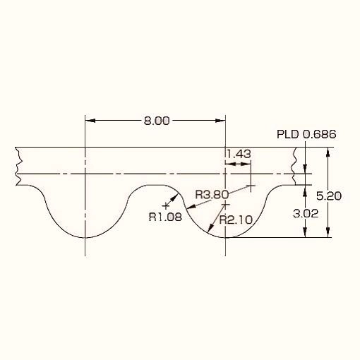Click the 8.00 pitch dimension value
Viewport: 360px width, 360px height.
[157, 121]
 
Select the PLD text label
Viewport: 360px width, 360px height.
[287, 134]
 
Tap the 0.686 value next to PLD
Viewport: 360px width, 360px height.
[319, 134]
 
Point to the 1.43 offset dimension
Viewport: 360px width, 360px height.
[239, 154]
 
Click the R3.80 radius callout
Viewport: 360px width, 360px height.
[212, 195]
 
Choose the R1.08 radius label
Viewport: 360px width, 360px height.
[165, 217]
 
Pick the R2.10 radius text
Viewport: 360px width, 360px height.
[236, 220]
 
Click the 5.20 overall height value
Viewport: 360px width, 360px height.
[328, 196]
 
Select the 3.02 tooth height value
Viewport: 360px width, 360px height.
[306, 214]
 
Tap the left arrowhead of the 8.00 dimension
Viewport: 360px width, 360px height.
[90, 121]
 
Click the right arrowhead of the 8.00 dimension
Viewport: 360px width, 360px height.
[221, 121]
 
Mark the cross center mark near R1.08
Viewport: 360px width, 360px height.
[166, 206]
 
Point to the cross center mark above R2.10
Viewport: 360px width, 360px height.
[226, 205]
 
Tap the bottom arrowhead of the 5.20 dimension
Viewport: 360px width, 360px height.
[328, 232]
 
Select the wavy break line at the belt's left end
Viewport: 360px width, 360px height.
[18, 167]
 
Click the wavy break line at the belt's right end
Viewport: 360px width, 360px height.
[294, 167]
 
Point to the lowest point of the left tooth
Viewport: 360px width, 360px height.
[85, 238]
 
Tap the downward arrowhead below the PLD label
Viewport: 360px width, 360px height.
[305, 169]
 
